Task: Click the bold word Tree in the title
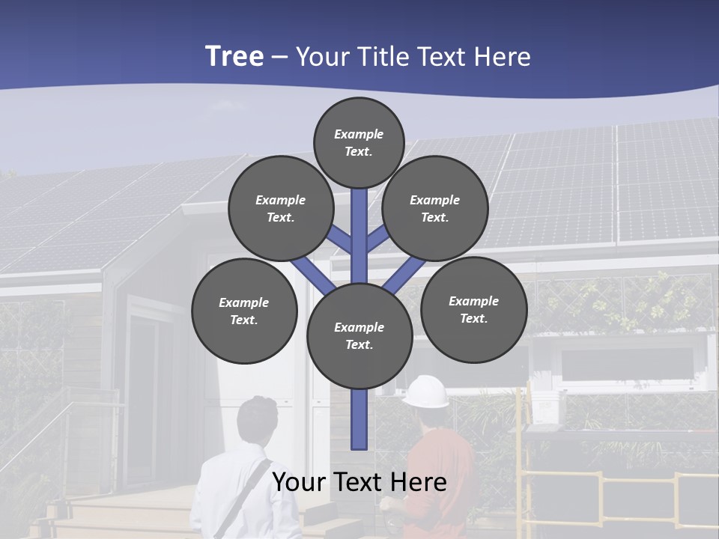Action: coord(234,57)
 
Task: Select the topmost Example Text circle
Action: coord(359,142)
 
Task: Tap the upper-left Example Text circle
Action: coord(281,208)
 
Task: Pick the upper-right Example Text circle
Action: coord(435,208)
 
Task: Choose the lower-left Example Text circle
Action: coord(244,311)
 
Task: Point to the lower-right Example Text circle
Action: coord(473,309)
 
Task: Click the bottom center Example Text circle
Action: coord(359,336)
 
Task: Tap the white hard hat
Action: coord(425,391)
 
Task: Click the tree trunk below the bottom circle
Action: coord(359,419)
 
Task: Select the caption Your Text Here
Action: coord(359,481)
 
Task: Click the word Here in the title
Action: coord(503,57)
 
